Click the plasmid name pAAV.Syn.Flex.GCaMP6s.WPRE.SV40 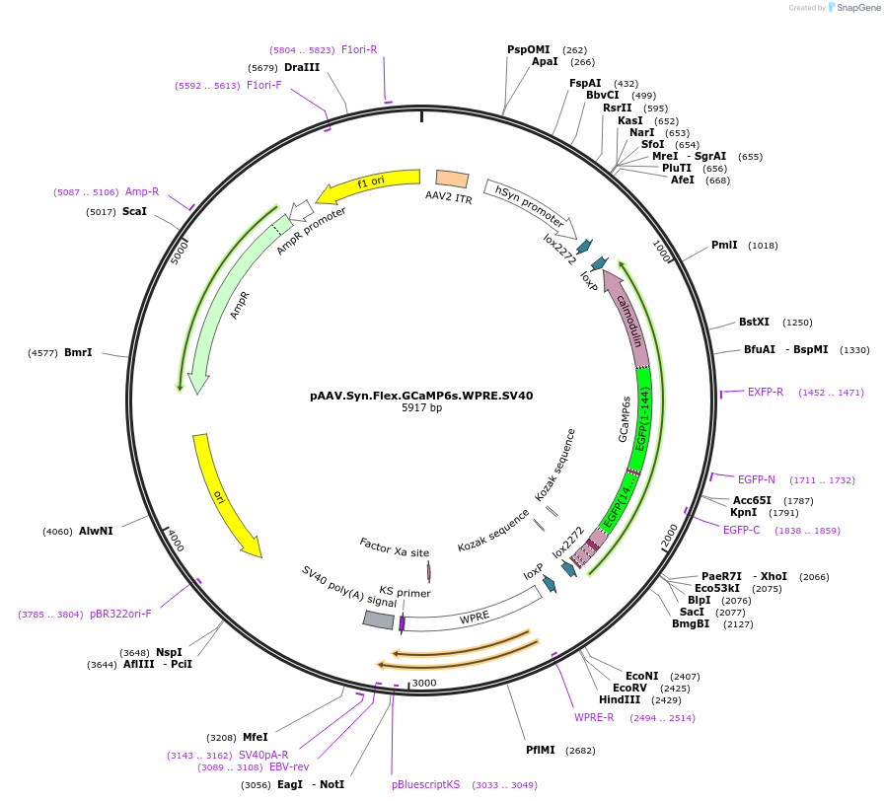(421, 396)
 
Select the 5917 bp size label (421, 407)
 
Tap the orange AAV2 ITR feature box (452, 179)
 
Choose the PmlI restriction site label (724, 245)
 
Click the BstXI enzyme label (754, 322)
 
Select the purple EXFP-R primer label (766, 392)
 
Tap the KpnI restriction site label (743, 512)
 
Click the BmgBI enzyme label (691, 623)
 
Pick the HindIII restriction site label (620, 699)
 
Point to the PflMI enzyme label (543, 750)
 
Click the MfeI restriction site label (256, 737)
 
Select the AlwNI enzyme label (96, 531)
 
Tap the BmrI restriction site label (78, 352)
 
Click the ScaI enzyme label (134, 211)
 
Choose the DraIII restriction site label (302, 67)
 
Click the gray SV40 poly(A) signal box (379, 619)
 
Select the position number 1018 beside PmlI (763, 245)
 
